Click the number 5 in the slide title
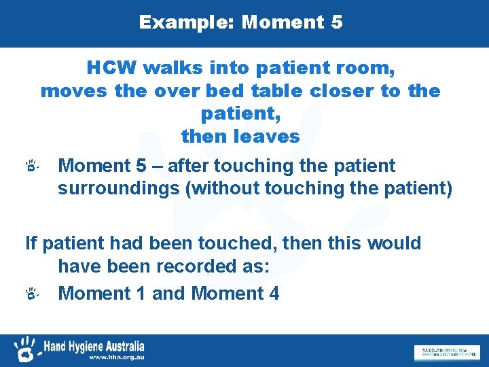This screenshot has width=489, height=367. coord(336,22)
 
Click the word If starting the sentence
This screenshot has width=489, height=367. coord(30,243)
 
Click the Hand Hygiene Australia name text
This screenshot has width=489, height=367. coord(94,345)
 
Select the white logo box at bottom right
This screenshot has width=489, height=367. coord(446,352)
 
